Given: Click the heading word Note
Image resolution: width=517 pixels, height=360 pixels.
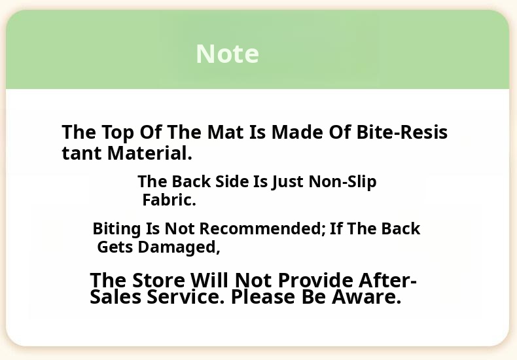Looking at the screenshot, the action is tap(227, 54).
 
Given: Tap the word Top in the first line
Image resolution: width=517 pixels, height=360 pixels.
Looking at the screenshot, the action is tap(118, 133).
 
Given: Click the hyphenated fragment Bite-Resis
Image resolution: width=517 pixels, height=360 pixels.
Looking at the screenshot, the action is tap(402, 132).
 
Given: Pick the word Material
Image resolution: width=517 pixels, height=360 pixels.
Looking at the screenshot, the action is tap(150, 153).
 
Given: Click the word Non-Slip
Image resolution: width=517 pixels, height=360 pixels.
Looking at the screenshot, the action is tap(342, 183).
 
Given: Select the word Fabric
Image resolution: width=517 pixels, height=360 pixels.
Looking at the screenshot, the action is tap(169, 200).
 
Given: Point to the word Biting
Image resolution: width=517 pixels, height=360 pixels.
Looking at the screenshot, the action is tap(116, 229).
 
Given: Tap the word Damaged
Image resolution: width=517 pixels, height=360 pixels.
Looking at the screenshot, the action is tap(179, 247).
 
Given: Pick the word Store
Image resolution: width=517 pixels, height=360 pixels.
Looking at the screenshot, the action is tap(158, 281).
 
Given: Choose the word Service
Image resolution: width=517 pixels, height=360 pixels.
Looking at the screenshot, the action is tap(186, 297).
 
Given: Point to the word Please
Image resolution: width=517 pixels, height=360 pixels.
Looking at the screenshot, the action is tap(263, 297).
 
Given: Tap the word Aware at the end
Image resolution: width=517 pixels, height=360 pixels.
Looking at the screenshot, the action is tap(366, 297).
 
